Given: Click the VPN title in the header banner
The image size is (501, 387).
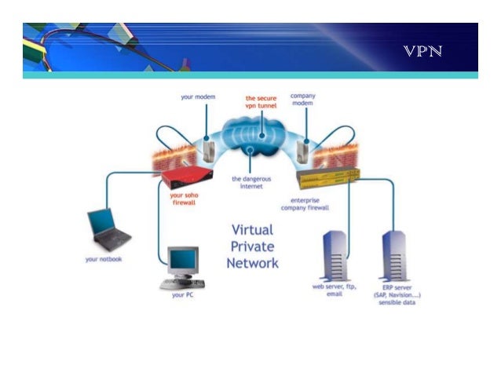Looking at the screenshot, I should (422, 53).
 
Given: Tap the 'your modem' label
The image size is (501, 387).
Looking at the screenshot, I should (197, 98).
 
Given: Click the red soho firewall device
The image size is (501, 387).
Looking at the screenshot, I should (188, 177).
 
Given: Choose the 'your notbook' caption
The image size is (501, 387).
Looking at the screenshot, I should (104, 259).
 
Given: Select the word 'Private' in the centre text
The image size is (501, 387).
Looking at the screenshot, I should (253, 246).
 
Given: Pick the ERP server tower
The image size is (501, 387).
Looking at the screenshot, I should (394, 257).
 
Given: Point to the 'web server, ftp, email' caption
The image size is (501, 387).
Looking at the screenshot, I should (334, 291).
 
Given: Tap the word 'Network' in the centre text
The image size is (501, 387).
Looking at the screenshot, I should (253, 263).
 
